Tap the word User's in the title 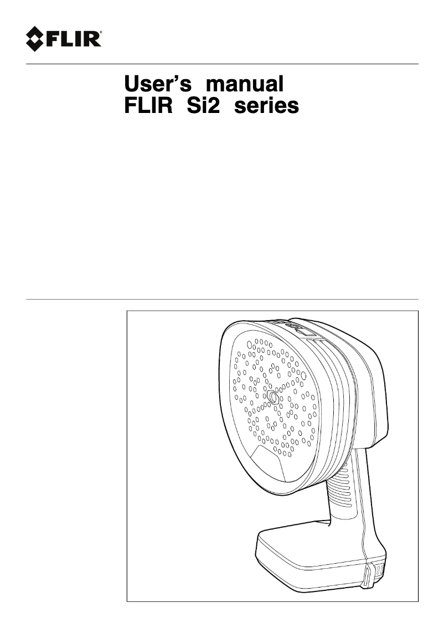point(158,84)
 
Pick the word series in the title point(266,105)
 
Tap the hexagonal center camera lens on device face point(272,398)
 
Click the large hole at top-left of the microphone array point(250,344)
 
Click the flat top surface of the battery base point(310,545)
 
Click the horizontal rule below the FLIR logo point(222,64)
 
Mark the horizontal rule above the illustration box point(222,300)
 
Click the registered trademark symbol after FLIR point(100,34)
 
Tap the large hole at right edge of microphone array point(303,376)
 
